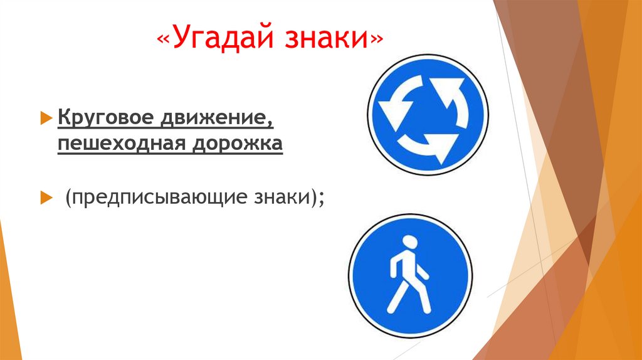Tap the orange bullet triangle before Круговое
tap(45, 117)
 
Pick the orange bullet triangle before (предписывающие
tap(45, 198)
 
